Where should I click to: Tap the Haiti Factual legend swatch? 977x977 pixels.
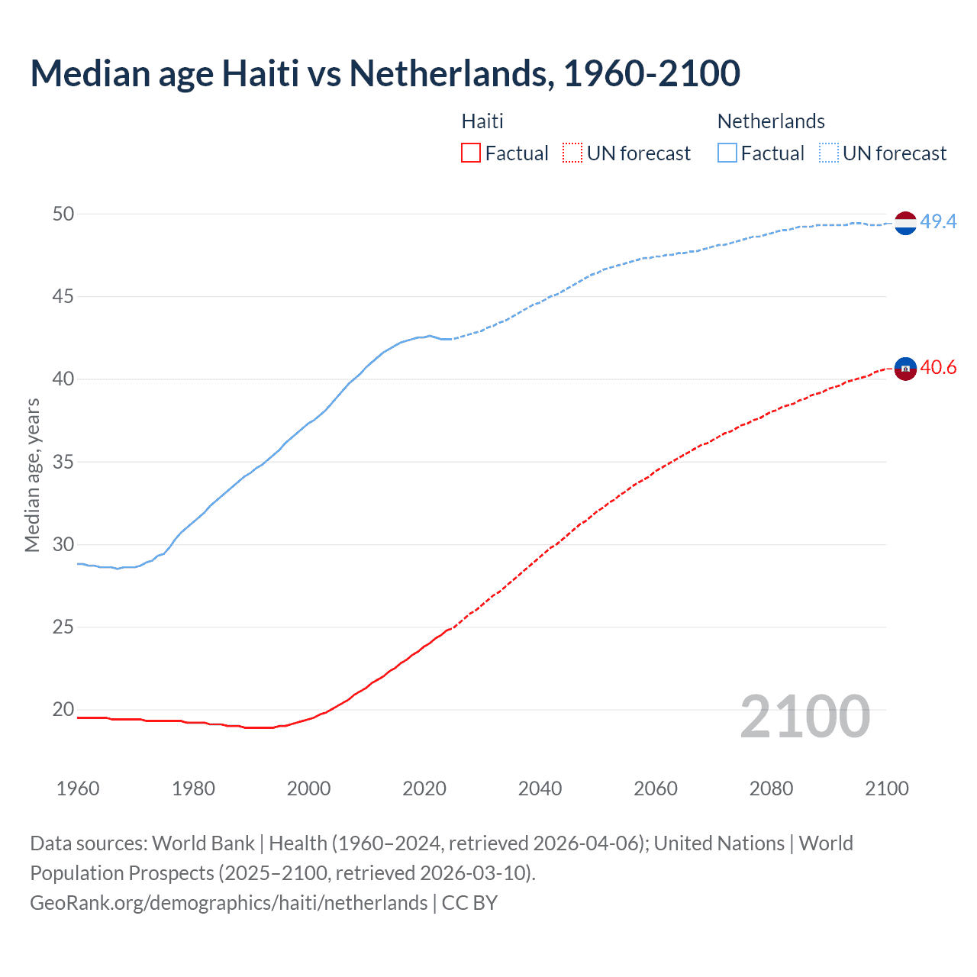tap(471, 153)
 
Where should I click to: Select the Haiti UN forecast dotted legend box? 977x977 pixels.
tap(572, 153)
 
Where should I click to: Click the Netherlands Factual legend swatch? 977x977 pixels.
tap(727, 153)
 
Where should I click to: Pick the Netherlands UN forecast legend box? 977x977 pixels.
tap(829, 153)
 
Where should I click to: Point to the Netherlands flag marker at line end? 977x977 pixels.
tap(905, 223)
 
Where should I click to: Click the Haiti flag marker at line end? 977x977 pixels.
tap(905, 368)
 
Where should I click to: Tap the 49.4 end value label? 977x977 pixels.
tap(938, 221)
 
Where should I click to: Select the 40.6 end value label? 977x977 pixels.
tap(938, 368)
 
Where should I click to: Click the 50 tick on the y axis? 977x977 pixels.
tap(63, 214)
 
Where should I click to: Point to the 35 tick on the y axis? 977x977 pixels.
tap(63, 462)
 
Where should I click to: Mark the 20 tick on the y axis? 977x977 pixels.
tap(63, 710)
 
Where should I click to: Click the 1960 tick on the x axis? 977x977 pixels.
tap(78, 788)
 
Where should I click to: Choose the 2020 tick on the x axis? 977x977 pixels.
tap(424, 788)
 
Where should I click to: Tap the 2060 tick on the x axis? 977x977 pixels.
tap(656, 788)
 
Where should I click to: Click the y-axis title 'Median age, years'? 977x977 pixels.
tap(32, 475)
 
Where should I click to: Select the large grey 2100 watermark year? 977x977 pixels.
tap(804, 716)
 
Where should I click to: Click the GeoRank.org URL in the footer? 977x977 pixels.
tap(228, 903)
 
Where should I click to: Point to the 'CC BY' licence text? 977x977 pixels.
tap(469, 903)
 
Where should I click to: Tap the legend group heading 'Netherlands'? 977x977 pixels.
tap(771, 121)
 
